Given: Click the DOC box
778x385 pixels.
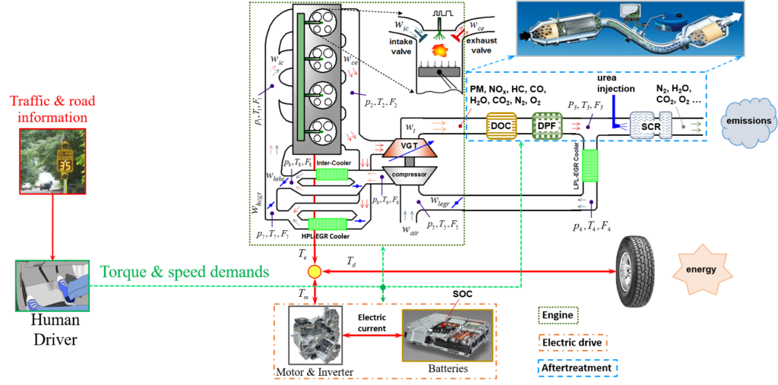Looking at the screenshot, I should click(501, 125).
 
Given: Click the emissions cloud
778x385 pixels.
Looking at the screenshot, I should click(748, 121).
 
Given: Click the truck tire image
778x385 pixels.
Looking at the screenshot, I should click(634, 271).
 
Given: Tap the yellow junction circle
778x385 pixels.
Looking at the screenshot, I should click(313, 271).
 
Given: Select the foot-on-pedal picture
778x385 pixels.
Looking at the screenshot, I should click(52, 286).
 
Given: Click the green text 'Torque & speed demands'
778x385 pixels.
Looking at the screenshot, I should click(185, 271).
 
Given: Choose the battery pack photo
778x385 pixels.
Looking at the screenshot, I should click(447, 335).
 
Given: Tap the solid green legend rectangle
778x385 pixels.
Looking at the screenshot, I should click(558, 314).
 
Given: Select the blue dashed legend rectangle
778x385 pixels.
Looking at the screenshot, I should click(577, 368).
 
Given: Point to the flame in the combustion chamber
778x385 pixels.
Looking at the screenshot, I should click(439, 50).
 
